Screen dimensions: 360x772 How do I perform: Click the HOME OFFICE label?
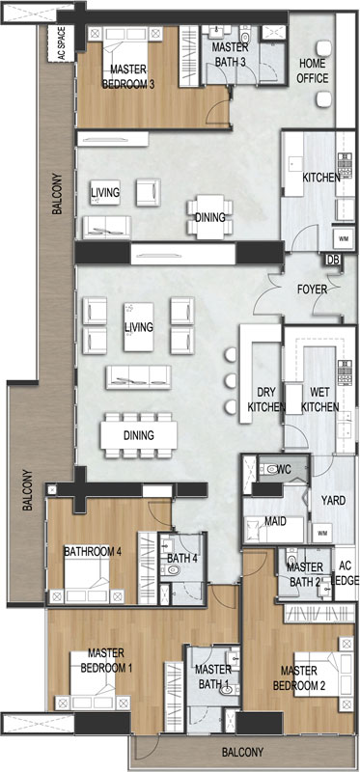(313, 70)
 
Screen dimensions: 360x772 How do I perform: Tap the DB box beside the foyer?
(333, 261)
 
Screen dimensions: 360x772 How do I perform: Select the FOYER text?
(312, 289)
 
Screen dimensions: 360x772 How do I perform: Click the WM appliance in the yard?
(322, 533)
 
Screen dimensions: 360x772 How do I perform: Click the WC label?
(284, 469)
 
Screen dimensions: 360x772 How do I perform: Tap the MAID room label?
(276, 521)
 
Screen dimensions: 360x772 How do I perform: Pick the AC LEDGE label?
(346, 573)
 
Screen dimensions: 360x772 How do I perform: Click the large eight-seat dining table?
(139, 435)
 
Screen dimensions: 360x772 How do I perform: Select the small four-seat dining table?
(209, 216)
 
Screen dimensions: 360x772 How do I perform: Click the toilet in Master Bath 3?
(245, 36)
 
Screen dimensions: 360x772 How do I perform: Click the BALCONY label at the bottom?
(242, 753)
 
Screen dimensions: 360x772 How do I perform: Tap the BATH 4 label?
(182, 559)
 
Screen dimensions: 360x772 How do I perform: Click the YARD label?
(333, 501)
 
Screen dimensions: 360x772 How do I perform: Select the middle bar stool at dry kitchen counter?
(231, 380)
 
